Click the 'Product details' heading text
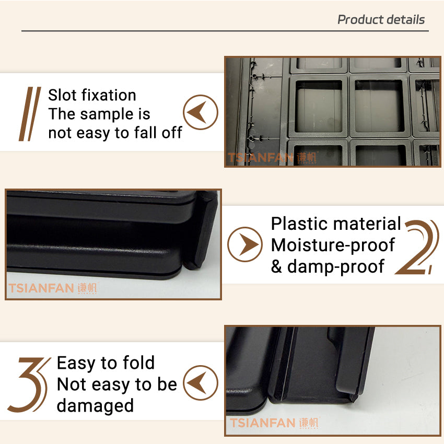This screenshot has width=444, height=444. pyautogui.click(x=381, y=20)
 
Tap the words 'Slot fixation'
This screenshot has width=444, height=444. pyautogui.click(x=92, y=95)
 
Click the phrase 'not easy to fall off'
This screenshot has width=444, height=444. pyautogui.click(x=115, y=133)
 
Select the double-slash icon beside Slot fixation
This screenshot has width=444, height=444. pyautogui.click(x=30, y=114)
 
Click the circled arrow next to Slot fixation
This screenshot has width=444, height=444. pyautogui.click(x=201, y=112)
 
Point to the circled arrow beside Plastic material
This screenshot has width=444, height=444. pyautogui.click(x=245, y=244)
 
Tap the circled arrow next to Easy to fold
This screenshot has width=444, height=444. pyautogui.click(x=201, y=383)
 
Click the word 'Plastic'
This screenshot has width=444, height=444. pyautogui.click(x=299, y=224)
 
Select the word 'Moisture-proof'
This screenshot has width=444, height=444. pyautogui.click(x=333, y=245)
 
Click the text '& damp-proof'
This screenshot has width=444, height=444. pyautogui.click(x=328, y=266)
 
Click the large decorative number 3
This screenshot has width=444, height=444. pyautogui.click(x=29, y=384)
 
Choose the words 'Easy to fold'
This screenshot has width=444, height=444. pyautogui.click(x=106, y=363)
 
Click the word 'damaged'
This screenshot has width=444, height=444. pyautogui.click(x=95, y=405)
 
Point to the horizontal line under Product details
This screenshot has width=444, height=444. pyautogui.click(x=225, y=31)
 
